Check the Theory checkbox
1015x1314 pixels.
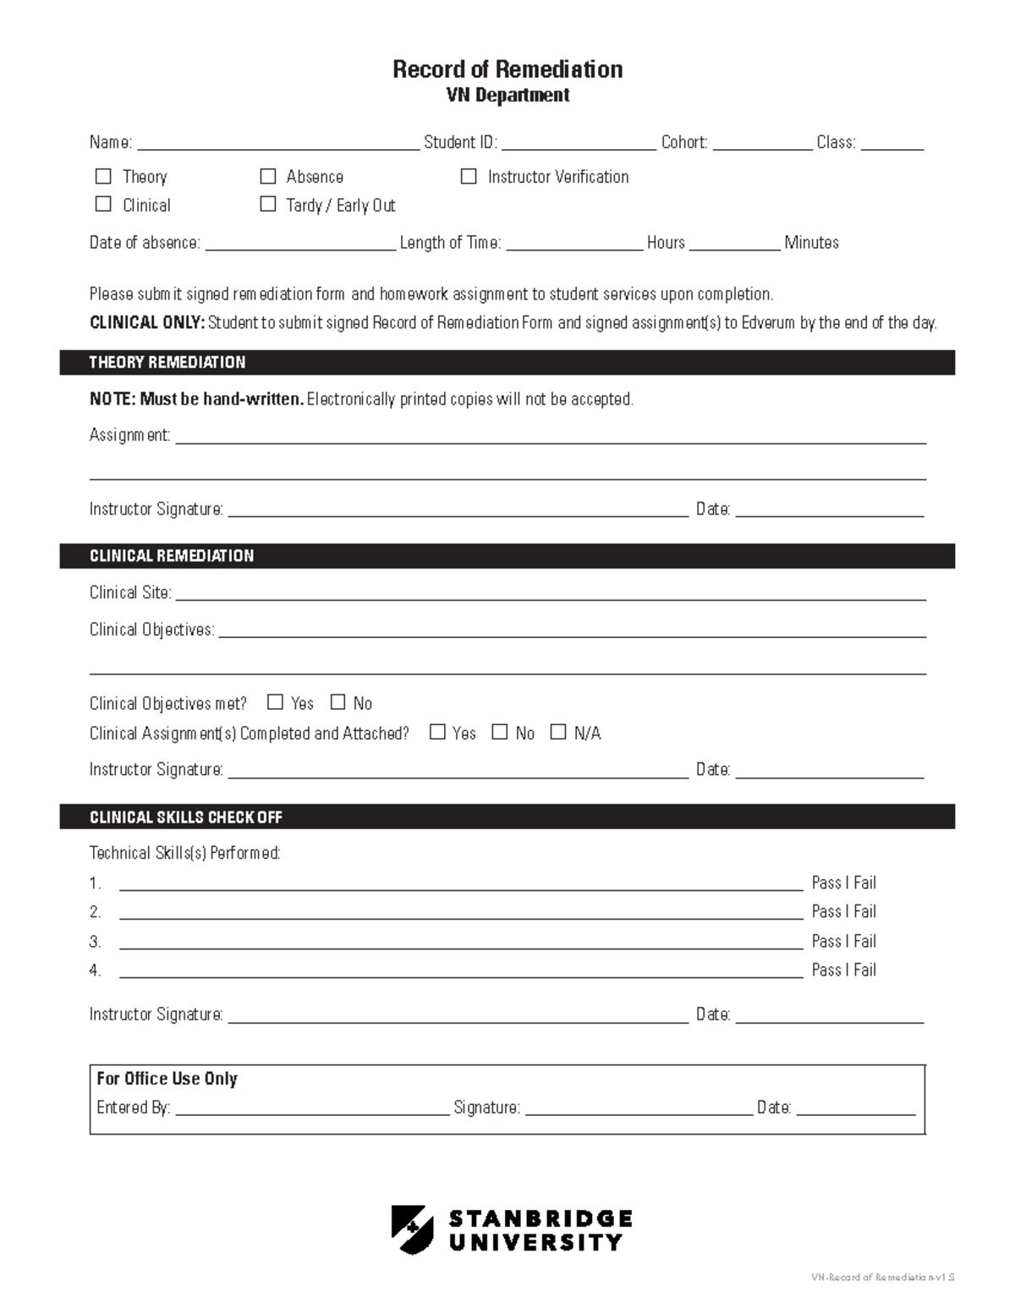[103, 176]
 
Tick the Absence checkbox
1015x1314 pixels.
[268, 176]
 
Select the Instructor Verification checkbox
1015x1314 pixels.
[469, 176]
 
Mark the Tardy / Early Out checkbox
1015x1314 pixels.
[268, 204]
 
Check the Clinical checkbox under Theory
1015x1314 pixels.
[103, 204]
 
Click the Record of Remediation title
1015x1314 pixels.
[507, 69]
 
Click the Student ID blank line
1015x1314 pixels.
[579, 144]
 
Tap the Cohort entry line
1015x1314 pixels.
[762, 144]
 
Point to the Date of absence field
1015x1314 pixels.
[300, 244]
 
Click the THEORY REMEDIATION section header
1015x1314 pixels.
[167, 362]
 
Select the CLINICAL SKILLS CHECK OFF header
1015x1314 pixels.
[186, 817]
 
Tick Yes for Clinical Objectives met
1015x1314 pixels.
[275, 702]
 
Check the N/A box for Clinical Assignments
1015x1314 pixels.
[558, 732]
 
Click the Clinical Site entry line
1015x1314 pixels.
[550, 594]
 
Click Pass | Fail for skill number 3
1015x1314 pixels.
[843, 941]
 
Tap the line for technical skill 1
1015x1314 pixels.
[461, 884]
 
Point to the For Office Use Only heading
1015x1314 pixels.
[167, 1079]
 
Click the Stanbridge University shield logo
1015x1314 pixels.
[412, 1229]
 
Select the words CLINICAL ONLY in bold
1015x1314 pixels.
[147, 322]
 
